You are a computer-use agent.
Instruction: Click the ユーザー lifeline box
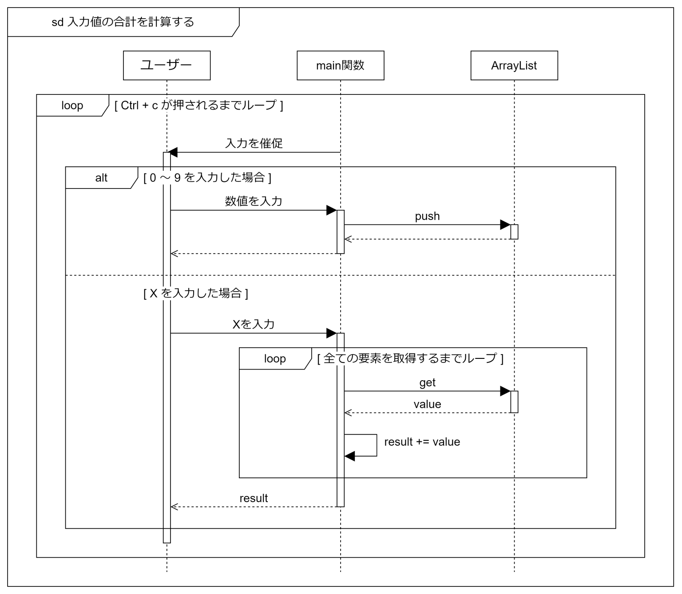[x=167, y=66]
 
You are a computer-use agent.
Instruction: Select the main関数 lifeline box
[x=340, y=66]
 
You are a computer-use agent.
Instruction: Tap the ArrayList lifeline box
[x=514, y=66]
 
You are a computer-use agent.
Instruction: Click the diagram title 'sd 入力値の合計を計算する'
[x=123, y=22]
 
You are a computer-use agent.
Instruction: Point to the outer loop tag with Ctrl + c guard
[x=72, y=106]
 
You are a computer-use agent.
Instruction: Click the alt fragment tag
[x=101, y=178]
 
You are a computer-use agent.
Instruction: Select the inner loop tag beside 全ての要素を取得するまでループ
[x=274, y=358]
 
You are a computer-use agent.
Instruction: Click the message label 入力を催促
[x=254, y=143]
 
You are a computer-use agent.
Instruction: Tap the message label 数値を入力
[x=254, y=201]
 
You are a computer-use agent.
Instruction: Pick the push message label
[x=427, y=216]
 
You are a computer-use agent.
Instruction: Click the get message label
[x=427, y=382]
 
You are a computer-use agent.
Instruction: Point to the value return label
[x=427, y=404]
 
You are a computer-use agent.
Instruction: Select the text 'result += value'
[x=422, y=442]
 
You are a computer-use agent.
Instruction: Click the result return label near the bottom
[x=254, y=498]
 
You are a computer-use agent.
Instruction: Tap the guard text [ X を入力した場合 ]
[x=195, y=293]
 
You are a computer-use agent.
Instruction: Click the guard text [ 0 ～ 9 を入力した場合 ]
[x=207, y=178]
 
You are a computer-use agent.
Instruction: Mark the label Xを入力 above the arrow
[x=254, y=324]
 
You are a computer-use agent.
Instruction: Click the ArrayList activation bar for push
[x=514, y=232]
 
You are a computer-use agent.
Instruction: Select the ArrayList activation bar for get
[x=514, y=402]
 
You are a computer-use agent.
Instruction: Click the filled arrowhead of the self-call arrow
[x=350, y=456]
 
